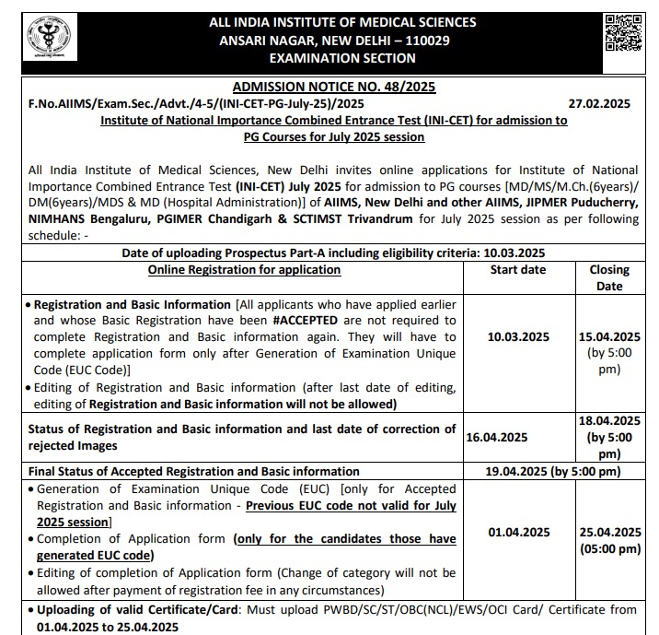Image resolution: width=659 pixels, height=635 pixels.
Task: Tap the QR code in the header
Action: pos(624,38)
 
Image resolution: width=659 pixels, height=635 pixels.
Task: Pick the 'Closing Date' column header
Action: pos(608,277)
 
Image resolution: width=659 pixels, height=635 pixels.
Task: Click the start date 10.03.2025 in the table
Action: pos(519,337)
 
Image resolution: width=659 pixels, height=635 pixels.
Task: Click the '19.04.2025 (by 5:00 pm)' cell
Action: pos(553,471)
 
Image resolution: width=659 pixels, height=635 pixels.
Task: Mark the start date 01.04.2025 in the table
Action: pos(519,532)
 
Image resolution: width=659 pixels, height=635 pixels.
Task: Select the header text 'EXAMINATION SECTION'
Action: pos(342,58)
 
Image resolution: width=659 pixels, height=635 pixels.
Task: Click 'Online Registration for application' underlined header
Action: pos(244,270)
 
